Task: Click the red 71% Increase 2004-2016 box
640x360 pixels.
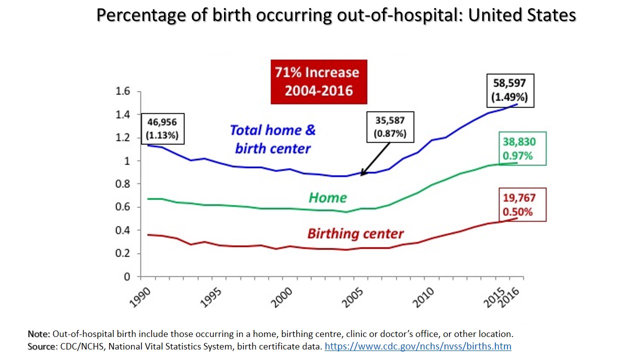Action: (x=318, y=81)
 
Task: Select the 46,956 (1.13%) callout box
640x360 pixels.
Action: (x=162, y=128)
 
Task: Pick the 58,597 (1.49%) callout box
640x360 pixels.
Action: (x=510, y=90)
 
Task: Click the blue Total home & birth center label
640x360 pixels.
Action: (x=273, y=139)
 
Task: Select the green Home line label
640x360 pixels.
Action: (x=327, y=197)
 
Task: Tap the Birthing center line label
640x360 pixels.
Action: (x=355, y=233)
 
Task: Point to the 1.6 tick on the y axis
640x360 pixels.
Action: (x=123, y=91)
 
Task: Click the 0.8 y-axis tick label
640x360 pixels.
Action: (x=123, y=184)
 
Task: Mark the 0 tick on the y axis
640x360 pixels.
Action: (x=127, y=276)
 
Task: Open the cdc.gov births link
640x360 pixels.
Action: (x=417, y=346)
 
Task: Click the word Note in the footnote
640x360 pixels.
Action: (x=38, y=333)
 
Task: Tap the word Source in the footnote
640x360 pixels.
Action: (x=42, y=346)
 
